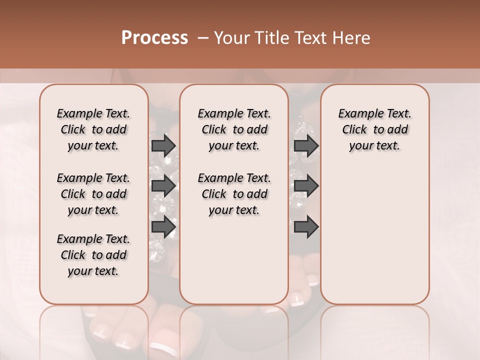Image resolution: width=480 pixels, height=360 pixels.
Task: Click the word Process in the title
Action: pos(154,38)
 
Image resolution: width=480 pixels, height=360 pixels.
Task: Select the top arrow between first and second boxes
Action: pos(163,145)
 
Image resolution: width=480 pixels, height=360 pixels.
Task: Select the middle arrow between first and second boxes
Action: pos(163,186)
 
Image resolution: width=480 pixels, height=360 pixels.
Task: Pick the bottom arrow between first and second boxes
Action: pos(163,226)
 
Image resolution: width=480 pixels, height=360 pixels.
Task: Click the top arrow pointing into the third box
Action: pos(306,145)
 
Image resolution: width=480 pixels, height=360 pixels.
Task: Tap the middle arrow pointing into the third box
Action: pos(306,186)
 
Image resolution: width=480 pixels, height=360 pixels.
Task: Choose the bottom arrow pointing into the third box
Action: pos(306,226)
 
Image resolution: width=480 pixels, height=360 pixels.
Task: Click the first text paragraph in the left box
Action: pos(93,129)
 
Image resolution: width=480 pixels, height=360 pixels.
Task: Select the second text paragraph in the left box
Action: pos(93,194)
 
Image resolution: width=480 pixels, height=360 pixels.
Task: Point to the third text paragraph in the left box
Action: pos(93,255)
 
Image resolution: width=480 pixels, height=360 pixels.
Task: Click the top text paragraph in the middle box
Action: pos(234,129)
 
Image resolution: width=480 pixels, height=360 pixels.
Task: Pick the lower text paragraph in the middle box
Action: pos(234,194)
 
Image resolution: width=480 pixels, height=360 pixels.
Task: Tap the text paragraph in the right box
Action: pos(374,129)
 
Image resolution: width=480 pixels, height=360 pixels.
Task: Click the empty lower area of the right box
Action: pos(374,240)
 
